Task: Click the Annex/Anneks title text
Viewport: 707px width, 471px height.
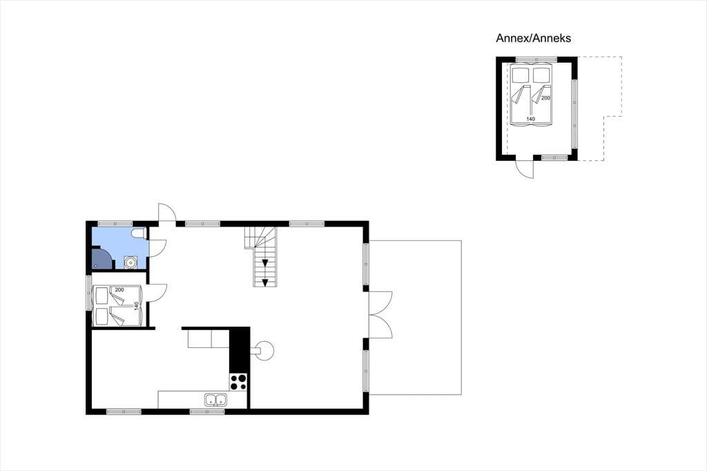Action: coord(534,38)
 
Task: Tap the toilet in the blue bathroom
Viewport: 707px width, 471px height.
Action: coord(138,233)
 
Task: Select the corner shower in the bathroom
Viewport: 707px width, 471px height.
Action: coord(102,258)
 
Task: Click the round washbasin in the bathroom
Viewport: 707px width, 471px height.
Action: coord(130,262)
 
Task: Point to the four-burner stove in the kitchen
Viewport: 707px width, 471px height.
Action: coord(238,382)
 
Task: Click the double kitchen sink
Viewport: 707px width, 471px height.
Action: coord(216,399)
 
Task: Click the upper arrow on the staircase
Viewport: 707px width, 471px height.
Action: coord(265,263)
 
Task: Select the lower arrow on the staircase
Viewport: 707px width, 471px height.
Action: coord(265,282)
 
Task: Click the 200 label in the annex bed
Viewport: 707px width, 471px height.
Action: coord(545,98)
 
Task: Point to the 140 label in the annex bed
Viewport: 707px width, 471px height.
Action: coord(531,119)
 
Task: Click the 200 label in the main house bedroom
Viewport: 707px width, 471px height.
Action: coord(119,289)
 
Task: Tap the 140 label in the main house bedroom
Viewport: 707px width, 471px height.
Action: coord(136,306)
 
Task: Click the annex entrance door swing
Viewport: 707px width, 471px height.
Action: coord(525,169)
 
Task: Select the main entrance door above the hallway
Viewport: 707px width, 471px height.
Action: coord(167,213)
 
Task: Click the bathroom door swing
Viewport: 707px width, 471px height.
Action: coord(158,248)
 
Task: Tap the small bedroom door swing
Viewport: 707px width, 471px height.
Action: coord(158,293)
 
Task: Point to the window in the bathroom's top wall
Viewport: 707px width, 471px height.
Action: coord(115,224)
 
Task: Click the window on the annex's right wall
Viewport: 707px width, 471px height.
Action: coord(574,114)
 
